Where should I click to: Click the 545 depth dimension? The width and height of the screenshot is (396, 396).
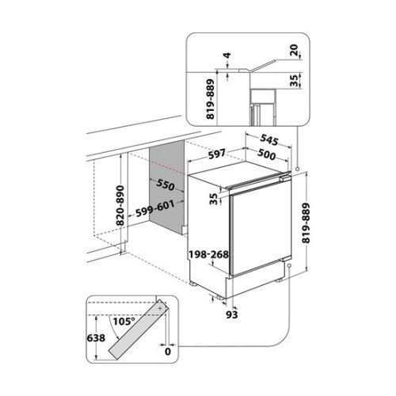[x=269, y=139]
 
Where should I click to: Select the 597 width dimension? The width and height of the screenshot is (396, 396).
[x=217, y=154]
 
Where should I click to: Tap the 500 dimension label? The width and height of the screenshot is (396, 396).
[x=266, y=154]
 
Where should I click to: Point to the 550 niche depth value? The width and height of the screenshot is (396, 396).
[x=166, y=185]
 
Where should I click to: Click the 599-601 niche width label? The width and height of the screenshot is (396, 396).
[x=155, y=208]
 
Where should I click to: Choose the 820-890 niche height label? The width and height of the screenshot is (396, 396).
[x=120, y=205]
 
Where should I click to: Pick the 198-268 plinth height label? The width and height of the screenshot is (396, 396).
[x=208, y=254]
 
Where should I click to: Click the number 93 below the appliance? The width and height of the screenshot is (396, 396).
[x=232, y=314]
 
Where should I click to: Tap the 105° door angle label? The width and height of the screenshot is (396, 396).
[x=124, y=322]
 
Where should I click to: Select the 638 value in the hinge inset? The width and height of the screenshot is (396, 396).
[x=96, y=337]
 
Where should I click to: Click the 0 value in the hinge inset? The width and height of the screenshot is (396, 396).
[x=168, y=352]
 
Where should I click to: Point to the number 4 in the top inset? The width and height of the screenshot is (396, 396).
[x=227, y=55]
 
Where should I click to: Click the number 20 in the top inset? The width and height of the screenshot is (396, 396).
[x=294, y=50]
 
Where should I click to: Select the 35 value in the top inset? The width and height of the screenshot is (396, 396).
[x=294, y=80]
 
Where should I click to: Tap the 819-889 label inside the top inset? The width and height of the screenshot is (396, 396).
[x=211, y=99]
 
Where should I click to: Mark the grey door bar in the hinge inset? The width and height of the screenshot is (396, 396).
[x=138, y=329]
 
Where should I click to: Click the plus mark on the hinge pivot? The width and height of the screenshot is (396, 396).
[x=160, y=308]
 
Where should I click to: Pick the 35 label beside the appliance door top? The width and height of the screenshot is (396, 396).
[x=215, y=199]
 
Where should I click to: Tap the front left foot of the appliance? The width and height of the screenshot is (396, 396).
[x=194, y=284]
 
